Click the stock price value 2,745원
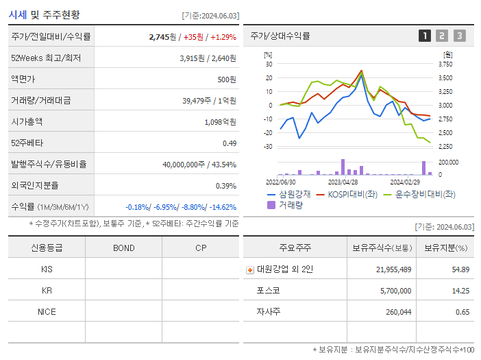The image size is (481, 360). [x=163, y=36]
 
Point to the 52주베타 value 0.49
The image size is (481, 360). [x=229, y=143]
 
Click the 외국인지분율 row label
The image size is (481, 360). [x=34, y=185]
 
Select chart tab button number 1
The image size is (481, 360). [x=425, y=36]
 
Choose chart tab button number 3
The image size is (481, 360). [x=459, y=36]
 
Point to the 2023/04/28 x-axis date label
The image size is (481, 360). [x=343, y=182]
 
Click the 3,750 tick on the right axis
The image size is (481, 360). [x=445, y=64]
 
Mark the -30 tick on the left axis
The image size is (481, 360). [x=269, y=147]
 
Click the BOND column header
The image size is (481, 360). [x=123, y=248]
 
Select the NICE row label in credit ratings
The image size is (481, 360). [x=47, y=311]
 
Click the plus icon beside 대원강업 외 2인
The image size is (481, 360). [x=250, y=269]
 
